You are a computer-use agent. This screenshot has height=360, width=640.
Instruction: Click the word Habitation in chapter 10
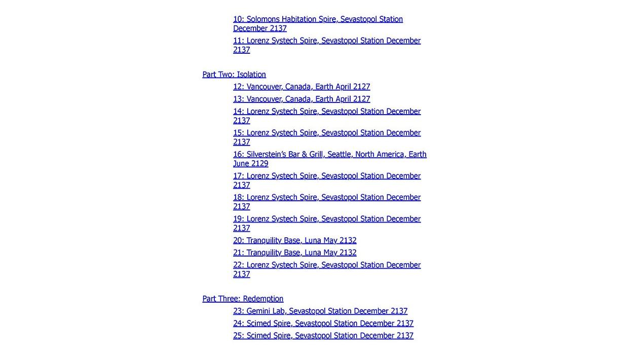tap(299, 19)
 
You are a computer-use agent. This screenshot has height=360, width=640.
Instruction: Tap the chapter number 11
tap(238, 41)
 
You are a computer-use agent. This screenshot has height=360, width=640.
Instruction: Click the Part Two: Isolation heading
tap(234, 75)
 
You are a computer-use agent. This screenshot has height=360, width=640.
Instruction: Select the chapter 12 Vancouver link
tap(302, 87)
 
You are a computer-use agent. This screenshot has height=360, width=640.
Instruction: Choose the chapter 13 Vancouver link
tap(302, 99)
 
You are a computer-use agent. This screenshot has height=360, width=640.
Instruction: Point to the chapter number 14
tap(238, 112)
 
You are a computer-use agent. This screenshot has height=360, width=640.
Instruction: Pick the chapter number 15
tap(238, 133)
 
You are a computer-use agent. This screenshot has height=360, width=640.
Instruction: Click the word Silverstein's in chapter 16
tap(267, 154)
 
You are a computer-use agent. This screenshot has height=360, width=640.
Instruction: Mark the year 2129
tap(259, 164)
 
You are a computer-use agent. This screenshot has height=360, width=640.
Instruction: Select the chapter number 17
tap(238, 176)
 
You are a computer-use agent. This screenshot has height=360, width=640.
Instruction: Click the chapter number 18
tap(238, 197)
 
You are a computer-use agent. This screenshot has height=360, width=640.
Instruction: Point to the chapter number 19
tap(238, 219)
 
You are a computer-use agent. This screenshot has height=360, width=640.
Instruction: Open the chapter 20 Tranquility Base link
tap(294, 240)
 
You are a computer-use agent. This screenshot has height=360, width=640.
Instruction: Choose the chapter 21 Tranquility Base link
tap(294, 253)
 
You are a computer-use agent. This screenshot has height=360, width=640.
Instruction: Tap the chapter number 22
tap(238, 265)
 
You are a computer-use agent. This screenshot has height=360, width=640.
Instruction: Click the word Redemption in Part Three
tap(263, 299)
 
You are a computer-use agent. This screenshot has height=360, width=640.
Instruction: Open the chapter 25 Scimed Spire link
tap(323, 336)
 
